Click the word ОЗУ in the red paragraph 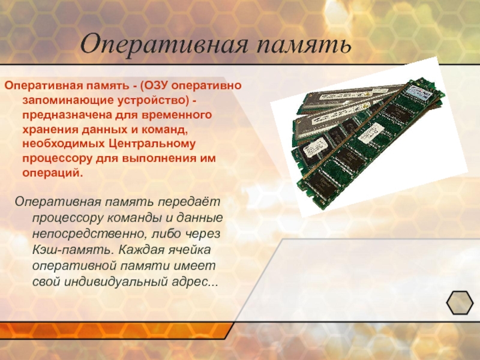[x=156, y=85]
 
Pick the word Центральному [x=152, y=144]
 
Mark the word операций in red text [x=53, y=173]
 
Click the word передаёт [x=189, y=202]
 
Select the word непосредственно [x=87, y=234]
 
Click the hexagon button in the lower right [x=460, y=303]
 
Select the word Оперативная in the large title [x=163, y=44]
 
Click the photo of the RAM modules [x=368, y=137]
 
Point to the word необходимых [x=64, y=144]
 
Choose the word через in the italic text [x=202, y=234]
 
